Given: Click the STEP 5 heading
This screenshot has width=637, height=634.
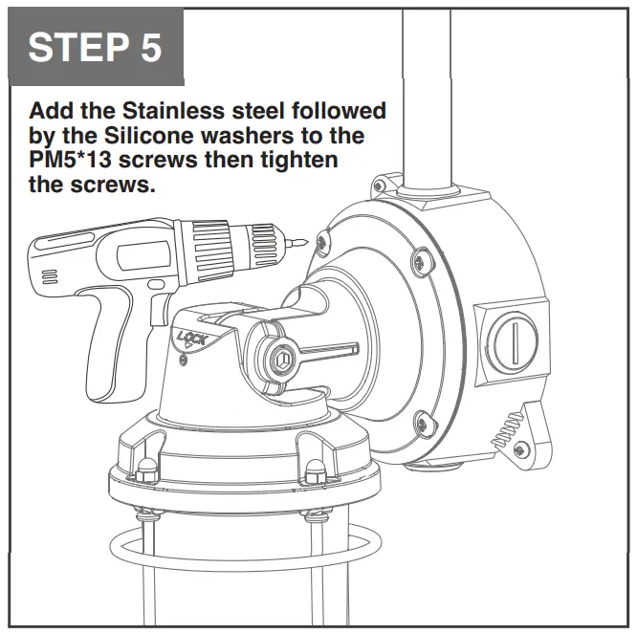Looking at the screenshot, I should pos(95,47).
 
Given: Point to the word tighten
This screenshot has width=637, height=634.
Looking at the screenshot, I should pos(297,160).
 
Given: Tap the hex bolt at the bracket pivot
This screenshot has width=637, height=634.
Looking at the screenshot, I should pos(281,361).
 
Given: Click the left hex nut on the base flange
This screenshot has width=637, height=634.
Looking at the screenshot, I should pos(147,469).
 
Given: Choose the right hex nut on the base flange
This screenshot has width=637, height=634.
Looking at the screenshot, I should pos(316,470).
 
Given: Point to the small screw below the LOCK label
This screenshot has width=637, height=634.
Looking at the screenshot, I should pos(185,359).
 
